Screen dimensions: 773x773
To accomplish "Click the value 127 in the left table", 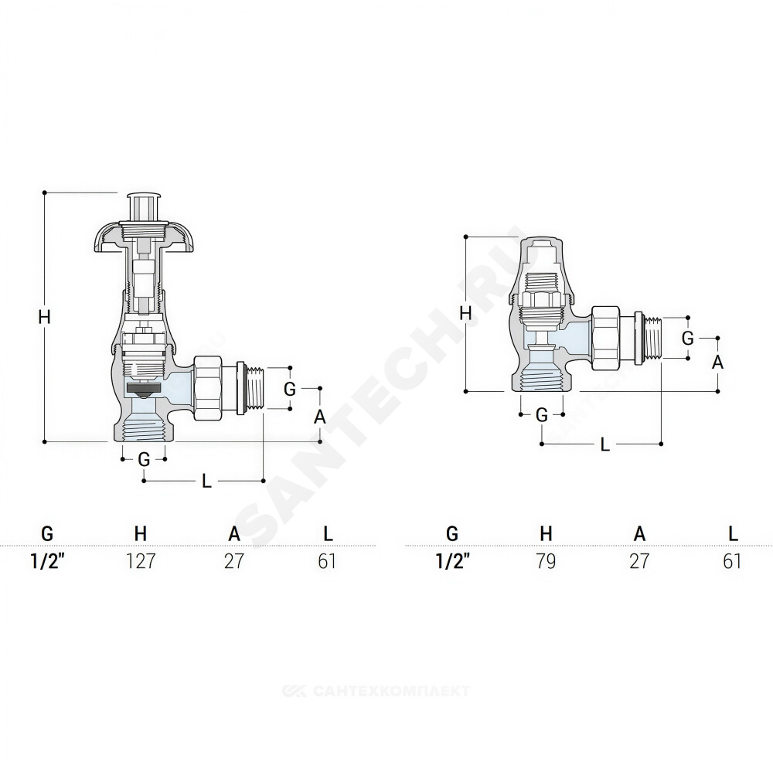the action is click(x=141, y=561).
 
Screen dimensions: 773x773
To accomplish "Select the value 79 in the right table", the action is click(x=546, y=561).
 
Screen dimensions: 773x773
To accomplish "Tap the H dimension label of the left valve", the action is click(x=44, y=317).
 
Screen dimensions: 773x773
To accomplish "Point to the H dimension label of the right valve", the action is click(x=465, y=313).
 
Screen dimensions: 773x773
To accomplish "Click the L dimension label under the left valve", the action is click(x=206, y=481).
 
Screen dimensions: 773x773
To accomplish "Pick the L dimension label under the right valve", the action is click(x=605, y=444).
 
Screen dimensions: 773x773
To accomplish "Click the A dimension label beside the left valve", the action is click(x=320, y=417).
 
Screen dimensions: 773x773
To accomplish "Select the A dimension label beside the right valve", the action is click(x=718, y=363).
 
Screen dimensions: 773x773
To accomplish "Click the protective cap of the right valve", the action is click(x=541, y=270).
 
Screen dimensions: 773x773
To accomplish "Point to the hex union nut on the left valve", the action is click(x=207, y=388).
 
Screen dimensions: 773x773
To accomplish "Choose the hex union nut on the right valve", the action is click(x=605, y=338).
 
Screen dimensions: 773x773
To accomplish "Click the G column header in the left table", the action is click(x=47, y=533).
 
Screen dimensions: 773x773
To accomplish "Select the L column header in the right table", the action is click(x=733, y=533).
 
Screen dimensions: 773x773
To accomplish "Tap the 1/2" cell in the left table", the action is click(x=48, y=561).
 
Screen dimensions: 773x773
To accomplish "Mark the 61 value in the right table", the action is click(x=732, y=561).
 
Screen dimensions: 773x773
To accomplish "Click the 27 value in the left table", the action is click(x=234, y=561).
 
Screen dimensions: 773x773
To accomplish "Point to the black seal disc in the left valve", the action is click(x=144, y=389).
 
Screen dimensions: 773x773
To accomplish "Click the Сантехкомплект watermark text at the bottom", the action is click(x=376, y=691).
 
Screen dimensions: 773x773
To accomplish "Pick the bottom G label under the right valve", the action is click(x=542, y=415).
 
